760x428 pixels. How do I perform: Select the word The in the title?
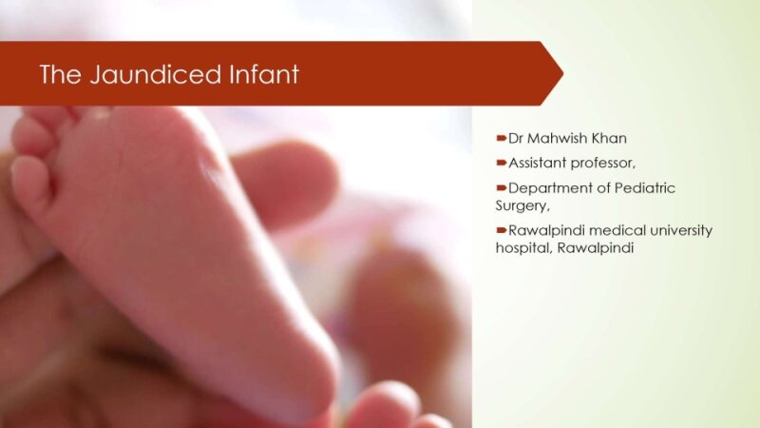pos(60,74)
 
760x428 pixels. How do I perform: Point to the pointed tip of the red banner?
pos(561,73)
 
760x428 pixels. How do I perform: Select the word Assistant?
pos(539,162)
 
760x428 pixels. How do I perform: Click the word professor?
pos(603,162)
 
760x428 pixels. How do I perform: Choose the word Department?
pos(548,187)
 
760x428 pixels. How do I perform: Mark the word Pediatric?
pos(643,187)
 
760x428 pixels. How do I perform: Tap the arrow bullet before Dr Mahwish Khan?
pos(502,138)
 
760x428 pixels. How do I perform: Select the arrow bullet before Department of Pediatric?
pos(502,187)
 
